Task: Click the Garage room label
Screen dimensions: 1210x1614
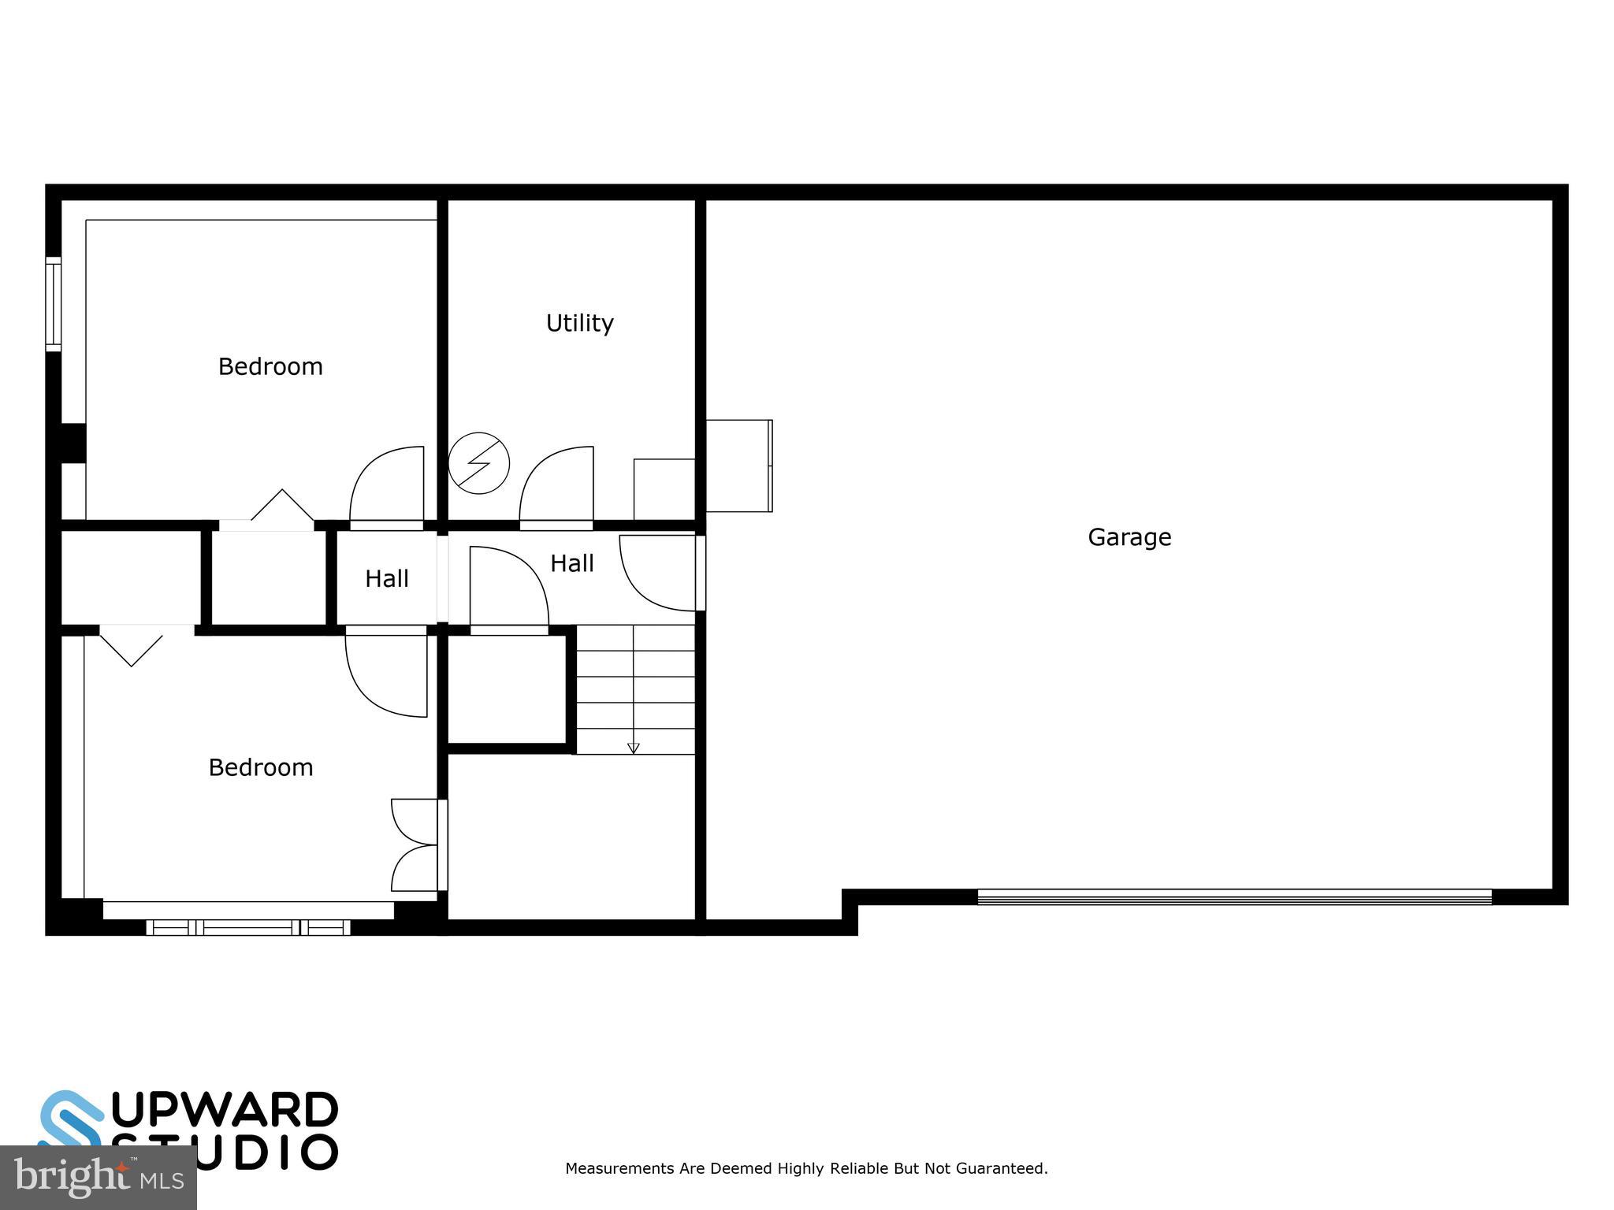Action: (x=1129, y=537)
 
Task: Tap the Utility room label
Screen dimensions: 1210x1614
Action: (x=579, y=323)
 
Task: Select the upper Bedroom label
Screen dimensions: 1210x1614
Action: (x=270, y=366)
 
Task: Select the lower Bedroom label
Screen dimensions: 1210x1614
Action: (x=260, y=767)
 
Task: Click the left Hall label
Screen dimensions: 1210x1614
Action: (x=386, y=579)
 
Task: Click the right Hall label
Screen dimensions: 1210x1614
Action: (x=571, y=563)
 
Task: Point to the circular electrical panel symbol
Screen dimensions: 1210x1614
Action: (x=478, y=463)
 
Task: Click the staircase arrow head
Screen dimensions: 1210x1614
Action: (x=633, y=748)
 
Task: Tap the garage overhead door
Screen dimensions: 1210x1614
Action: (x=1234, y=896)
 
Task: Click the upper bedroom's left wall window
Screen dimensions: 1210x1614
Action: (x=53, y=304)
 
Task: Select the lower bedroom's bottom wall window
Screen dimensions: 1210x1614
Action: (x=248, y=927)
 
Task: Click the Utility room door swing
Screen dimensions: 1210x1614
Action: (x=556, y=484)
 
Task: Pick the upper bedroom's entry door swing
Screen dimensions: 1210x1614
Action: (x=386, y=484)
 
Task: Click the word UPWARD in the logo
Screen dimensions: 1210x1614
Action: (x=225, y=1110)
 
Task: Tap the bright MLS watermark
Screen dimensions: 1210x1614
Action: (x=98, y=1178)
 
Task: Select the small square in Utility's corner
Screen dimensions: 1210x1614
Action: (x=664, y=489)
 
